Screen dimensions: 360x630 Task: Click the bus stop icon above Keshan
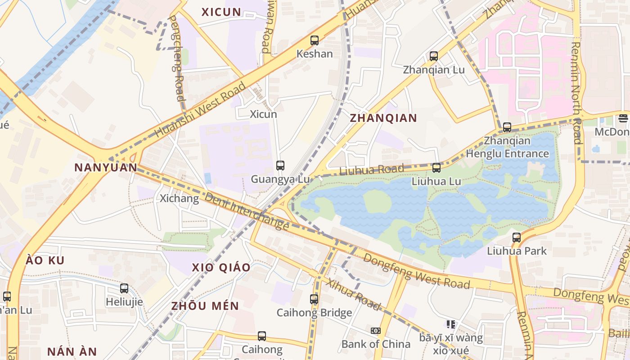tap(315, 40)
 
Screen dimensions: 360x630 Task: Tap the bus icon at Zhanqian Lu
tap(434, 56)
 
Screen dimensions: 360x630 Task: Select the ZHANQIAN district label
tap(383, 118)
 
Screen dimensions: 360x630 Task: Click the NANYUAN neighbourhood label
tap(106, 168)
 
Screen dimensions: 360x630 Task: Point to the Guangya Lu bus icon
tap(280, 166)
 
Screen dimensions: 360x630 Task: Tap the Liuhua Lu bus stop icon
tap(436, 168)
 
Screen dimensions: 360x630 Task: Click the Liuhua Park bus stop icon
tap(517, 237)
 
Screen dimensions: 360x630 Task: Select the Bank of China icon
tap(376, 331)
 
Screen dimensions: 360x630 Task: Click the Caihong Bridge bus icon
tap(314, 299)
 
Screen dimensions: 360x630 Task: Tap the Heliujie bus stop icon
tap(124, 288)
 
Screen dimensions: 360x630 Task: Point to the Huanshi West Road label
tap(201, 109)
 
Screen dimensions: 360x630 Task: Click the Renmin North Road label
tap(576, 92)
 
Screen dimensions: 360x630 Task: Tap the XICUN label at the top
tap(221, 12)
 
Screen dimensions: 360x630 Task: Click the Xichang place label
tap(179, 198)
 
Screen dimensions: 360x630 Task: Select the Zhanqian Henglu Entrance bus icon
tap(507, 127)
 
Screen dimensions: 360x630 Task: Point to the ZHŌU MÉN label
tap(205, 306)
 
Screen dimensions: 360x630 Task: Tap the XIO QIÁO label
tap(221, 267)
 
